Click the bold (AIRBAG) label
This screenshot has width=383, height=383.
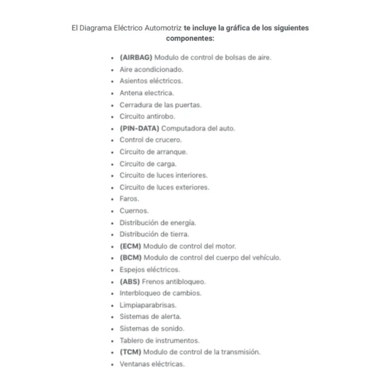(x=136, y=57)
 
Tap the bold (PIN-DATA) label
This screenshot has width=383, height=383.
(x=139, y=128)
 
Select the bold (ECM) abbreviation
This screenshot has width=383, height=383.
(x=130, y=246)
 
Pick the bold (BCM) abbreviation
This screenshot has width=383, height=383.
(x=130, y=258)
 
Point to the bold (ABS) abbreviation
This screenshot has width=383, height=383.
(x=130, y=282)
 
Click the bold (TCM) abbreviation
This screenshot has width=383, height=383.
(x=130, y=352)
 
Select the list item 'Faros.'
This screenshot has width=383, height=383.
(x=129, y=199)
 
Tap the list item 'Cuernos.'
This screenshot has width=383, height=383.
(x=134, y=211)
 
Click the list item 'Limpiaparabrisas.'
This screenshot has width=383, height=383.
(x=148, y=305)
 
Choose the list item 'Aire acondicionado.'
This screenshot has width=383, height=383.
(x=151, y=69)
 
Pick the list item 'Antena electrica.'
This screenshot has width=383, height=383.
(x=146, y=93)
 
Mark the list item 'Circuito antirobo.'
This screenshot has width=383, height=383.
(x=147, y=116)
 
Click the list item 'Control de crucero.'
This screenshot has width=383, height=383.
(x=151, y=140)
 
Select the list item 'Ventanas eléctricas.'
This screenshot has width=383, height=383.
(x=152, y=364)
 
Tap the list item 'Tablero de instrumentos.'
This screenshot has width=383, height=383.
(x=159, y=340)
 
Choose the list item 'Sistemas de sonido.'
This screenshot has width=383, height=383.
(x=152, y=329)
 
